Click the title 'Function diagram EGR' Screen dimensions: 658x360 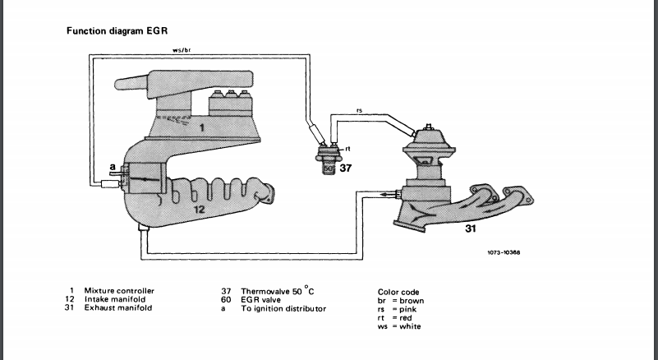coord(117,31)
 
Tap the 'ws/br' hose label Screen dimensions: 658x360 coord(182,50)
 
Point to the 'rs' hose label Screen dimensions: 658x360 coord(359,110)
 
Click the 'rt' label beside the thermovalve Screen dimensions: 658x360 coord(347,149)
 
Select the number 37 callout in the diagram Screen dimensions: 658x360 coord(345,168)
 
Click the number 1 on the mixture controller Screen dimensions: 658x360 coord(202,127)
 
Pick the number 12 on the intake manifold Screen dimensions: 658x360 coord(199,209)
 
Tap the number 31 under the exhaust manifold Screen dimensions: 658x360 coord(471,228)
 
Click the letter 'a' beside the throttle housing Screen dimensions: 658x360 coord(113,167)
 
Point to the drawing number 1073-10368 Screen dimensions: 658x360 coord(504,252)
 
